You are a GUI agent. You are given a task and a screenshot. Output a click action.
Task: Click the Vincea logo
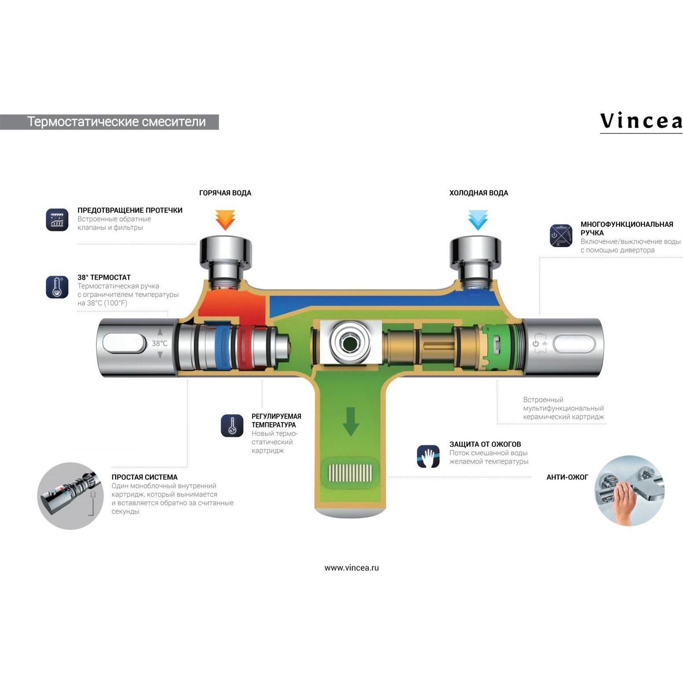(x=641, y=121)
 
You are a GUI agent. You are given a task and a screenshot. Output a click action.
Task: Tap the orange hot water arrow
(x=225, y=220)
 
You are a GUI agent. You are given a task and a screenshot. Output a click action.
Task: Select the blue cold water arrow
(x=478, y=220)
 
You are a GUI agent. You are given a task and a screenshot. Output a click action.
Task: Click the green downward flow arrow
(x=351, y=421)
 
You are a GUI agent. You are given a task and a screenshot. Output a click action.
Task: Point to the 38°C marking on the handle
(x=159, y=343)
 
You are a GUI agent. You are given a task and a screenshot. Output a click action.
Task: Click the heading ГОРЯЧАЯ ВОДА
(x=225, y=193)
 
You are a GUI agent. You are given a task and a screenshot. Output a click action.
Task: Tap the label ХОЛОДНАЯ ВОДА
(x=478, y=193)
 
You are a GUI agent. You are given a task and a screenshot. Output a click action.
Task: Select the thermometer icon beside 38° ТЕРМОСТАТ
(x=57, y=287)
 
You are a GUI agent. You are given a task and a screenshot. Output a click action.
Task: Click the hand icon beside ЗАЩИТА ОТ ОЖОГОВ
(x=428, y=456)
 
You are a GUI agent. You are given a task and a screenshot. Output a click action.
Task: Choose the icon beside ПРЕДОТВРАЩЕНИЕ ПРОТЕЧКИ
(x=57, y=219)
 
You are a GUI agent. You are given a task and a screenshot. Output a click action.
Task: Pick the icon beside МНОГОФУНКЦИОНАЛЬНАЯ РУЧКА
(x=561, y=235)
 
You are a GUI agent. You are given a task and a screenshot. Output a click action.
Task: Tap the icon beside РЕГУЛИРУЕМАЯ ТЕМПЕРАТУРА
(x=232, y=425)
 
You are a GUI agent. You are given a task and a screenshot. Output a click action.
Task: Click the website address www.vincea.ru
(x=351, y=567)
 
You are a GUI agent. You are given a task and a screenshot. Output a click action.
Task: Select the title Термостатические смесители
(x=117, y=122)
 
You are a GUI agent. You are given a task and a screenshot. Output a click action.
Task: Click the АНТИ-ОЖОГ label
(x=567, y=477)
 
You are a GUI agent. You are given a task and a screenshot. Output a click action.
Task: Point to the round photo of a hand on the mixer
(x=629, y=490)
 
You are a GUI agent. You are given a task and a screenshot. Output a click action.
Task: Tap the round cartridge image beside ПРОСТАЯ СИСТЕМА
(x=70, y=496)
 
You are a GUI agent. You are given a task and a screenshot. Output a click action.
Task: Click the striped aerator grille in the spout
(x=351, y=473)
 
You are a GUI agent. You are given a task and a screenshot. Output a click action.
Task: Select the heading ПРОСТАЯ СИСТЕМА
(x=144, y=477)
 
